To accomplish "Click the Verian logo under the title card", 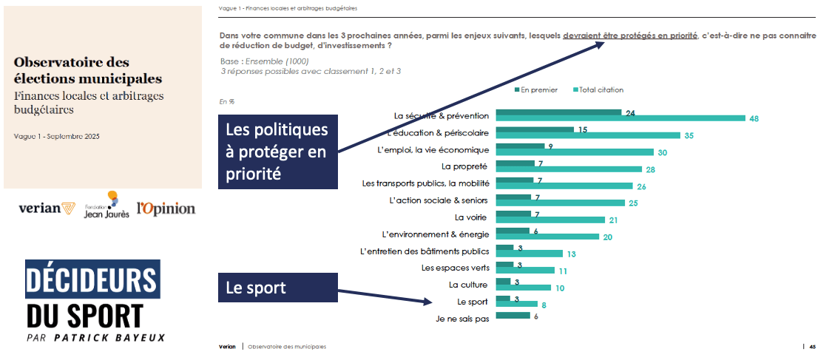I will pos(47,209).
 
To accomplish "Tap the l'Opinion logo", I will pos(166,208).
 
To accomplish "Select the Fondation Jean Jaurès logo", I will pos(109,206).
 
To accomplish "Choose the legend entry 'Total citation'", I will pos(598,90).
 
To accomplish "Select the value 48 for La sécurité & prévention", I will pos(754,118).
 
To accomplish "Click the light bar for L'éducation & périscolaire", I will pos(588,135).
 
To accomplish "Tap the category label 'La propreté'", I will pos(465,166).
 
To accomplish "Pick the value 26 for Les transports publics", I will pos(642,186).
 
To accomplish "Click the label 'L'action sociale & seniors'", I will pos(439,200).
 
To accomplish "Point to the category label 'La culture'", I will pos(468,285).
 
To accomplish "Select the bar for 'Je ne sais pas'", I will pos(512,316).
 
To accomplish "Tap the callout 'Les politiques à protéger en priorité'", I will pos(277,152).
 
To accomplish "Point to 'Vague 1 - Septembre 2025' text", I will pos(56,137).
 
